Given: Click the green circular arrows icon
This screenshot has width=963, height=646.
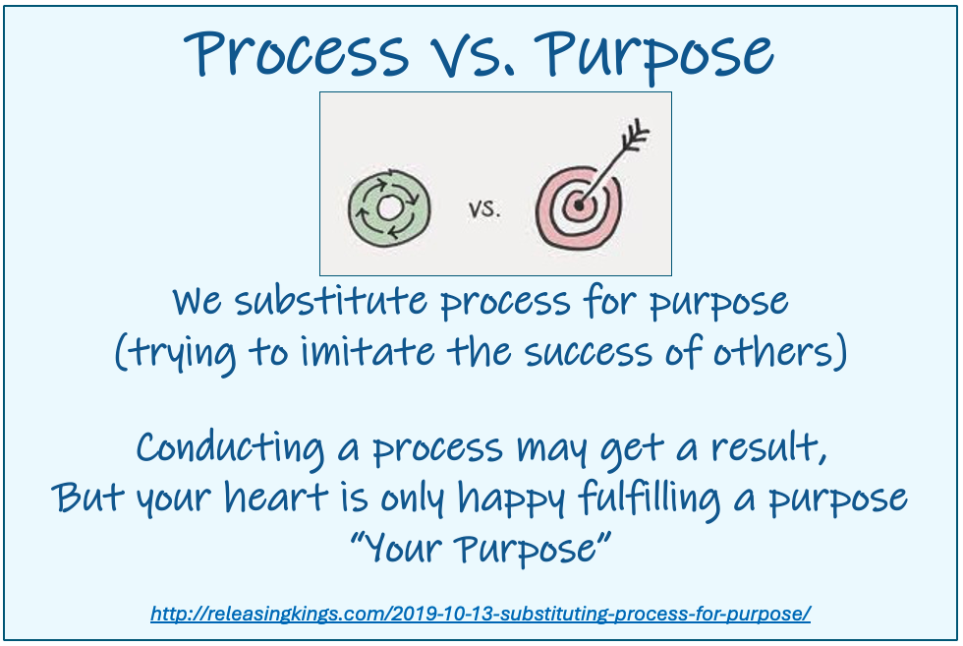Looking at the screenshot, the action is coord(389,208).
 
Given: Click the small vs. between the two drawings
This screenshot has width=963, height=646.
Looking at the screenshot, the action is coord(484,209).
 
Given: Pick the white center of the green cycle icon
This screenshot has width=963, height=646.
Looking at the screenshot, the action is coord(389,208).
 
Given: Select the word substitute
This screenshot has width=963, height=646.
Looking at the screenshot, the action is coord(331,301).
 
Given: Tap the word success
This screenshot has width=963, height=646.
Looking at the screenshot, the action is coord(589,353).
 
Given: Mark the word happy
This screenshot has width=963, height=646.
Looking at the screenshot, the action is coord(511,499).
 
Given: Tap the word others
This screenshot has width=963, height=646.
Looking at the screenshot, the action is coord(773,352).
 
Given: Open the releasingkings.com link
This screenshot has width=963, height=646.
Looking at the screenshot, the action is coord(481,614).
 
